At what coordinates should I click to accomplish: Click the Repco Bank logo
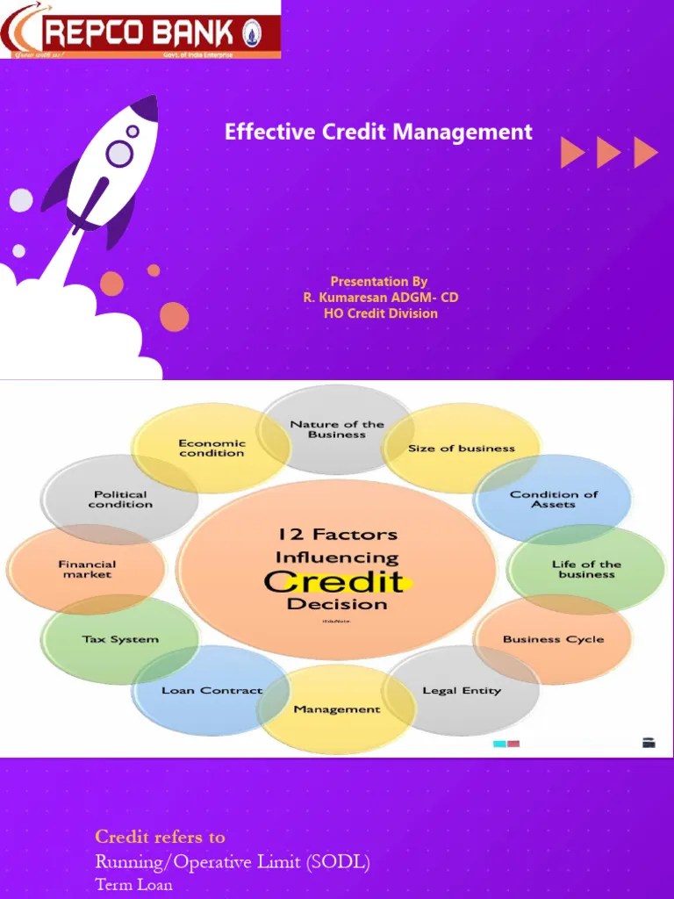coord(140,32)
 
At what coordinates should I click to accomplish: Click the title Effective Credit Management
coord(378,133)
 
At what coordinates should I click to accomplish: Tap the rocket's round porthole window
coord(119,154)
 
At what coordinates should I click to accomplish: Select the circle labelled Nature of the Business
coord(337,429)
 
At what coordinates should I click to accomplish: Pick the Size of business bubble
coord(462,449)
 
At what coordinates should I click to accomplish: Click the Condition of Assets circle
coord(553,500)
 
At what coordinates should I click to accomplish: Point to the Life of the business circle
coord(586,569)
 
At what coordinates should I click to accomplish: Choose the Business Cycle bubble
coord(553,639)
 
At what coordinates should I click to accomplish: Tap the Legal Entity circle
coord(462,691)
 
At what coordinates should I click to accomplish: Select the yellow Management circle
coord(337,709)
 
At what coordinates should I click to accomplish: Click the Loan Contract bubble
coord(212,691)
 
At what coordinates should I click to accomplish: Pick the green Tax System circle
coord(120,639)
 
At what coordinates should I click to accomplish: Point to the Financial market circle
coord(87,569)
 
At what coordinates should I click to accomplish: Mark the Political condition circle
coord(120,500)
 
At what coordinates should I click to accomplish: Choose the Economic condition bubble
coord(212,449)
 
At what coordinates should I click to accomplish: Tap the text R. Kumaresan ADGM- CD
coord(380,298)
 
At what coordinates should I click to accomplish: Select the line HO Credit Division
coord(380,313)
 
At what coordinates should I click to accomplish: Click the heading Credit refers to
coord(160,837)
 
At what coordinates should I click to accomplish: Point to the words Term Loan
coord(133,885)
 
